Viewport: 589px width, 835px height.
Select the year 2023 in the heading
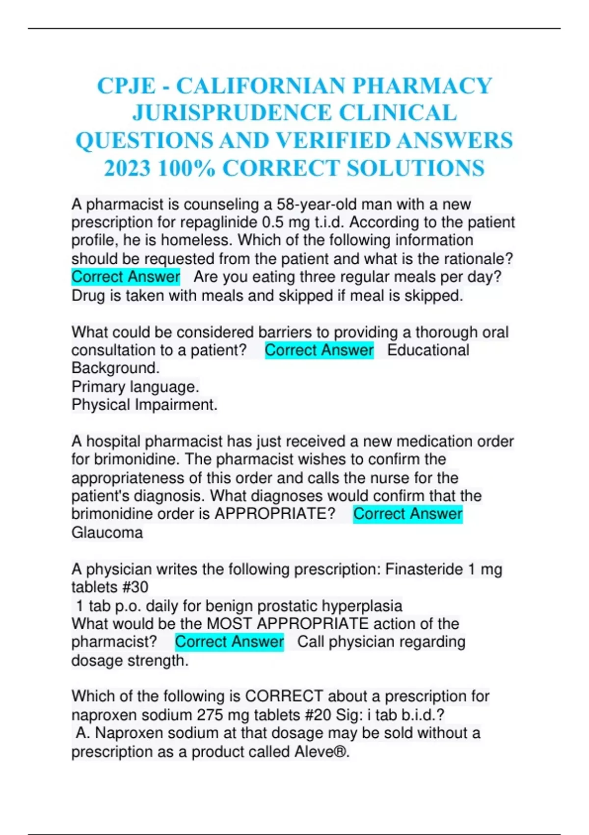(x=127, y=168)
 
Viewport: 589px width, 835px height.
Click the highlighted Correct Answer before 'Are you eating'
(x=126, y=277)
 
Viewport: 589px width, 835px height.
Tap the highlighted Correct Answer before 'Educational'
(x=319, y=350)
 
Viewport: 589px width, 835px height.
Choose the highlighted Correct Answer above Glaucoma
(x=407, y=514)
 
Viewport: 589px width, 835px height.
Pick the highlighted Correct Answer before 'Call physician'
(x=229, y=642)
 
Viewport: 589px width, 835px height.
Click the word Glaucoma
(x=107, y=532)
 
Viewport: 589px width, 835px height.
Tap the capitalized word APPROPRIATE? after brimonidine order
(x=275, y=514)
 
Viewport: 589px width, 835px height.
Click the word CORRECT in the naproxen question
(x=284, y=696)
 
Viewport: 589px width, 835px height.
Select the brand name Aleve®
(x=322, y=752)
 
